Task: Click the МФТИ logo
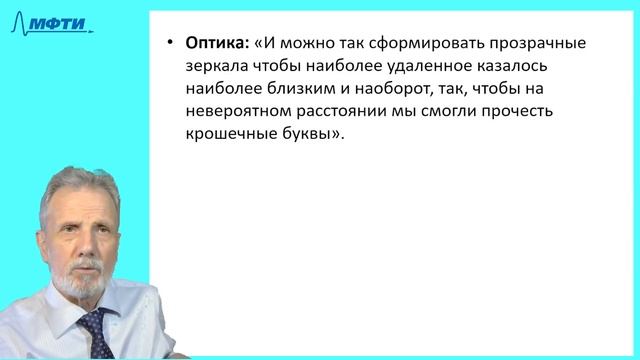point(58,22)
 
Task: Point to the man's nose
point(70,245)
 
